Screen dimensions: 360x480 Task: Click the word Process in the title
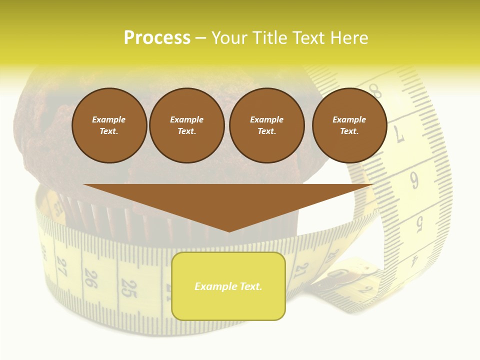[x=157, y=38]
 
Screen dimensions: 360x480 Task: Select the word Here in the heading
[x=348, y=38]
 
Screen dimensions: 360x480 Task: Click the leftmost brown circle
[x=109, y=125]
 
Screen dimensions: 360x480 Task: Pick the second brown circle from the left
[x=186, y=125]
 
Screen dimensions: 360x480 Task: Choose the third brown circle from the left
[x=266, y=125]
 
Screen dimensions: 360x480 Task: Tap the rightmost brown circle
[x=349, y=125]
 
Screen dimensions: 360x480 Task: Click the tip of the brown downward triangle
[x=229, y=231]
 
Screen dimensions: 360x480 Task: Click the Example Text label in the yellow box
[x=228, y=286]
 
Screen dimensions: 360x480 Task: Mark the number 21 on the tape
[x=301, y=271]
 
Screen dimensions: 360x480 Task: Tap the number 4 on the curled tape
[x=414, y=260]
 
